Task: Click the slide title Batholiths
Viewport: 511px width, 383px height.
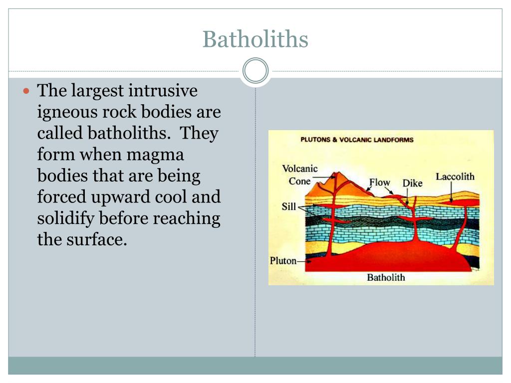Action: [255, 39]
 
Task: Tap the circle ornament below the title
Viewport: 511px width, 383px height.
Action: [255, 71]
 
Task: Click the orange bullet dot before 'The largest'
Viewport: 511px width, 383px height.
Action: [27, 91]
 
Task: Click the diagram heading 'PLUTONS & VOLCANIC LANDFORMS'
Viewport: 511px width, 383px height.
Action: [357, 140]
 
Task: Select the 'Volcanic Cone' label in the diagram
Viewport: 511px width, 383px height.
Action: [300, 175]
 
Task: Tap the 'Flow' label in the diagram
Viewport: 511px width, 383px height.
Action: [379, 183]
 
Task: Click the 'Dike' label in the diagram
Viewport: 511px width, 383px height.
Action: [412, 184]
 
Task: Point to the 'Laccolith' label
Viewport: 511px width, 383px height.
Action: [455, 177]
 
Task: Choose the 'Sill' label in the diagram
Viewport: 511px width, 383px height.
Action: [288, 206]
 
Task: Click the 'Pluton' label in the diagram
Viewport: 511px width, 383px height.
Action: [283, 260]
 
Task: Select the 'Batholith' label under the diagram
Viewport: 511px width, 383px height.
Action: [386, 277]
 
